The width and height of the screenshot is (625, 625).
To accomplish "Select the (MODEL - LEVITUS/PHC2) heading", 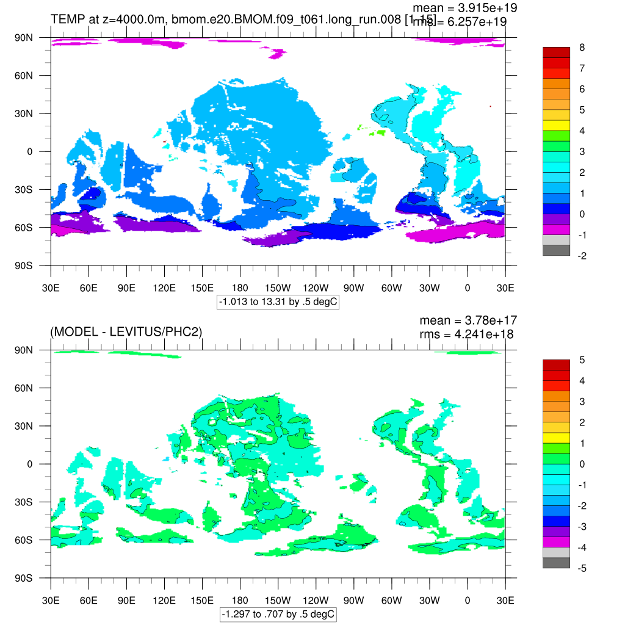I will coord(126,331).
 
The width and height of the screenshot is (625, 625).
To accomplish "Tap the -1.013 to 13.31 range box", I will coord(278,302).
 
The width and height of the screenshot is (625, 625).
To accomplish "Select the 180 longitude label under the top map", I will coord(240,288).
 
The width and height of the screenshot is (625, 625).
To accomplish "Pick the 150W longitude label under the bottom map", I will coord(278,601).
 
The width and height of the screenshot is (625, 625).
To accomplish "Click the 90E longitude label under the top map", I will coord(126,288).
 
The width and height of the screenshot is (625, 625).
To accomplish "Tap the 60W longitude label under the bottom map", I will coord(391,601).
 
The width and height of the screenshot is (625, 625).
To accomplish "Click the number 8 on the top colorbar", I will coord(582,48).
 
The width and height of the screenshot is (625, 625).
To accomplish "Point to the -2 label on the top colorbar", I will coord(582,256).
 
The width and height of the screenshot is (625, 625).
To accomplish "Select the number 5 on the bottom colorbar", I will coord(582,360).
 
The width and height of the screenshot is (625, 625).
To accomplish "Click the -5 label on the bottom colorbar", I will coord(582,569).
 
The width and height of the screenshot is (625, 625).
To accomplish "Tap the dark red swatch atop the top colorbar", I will coord(556,52).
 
